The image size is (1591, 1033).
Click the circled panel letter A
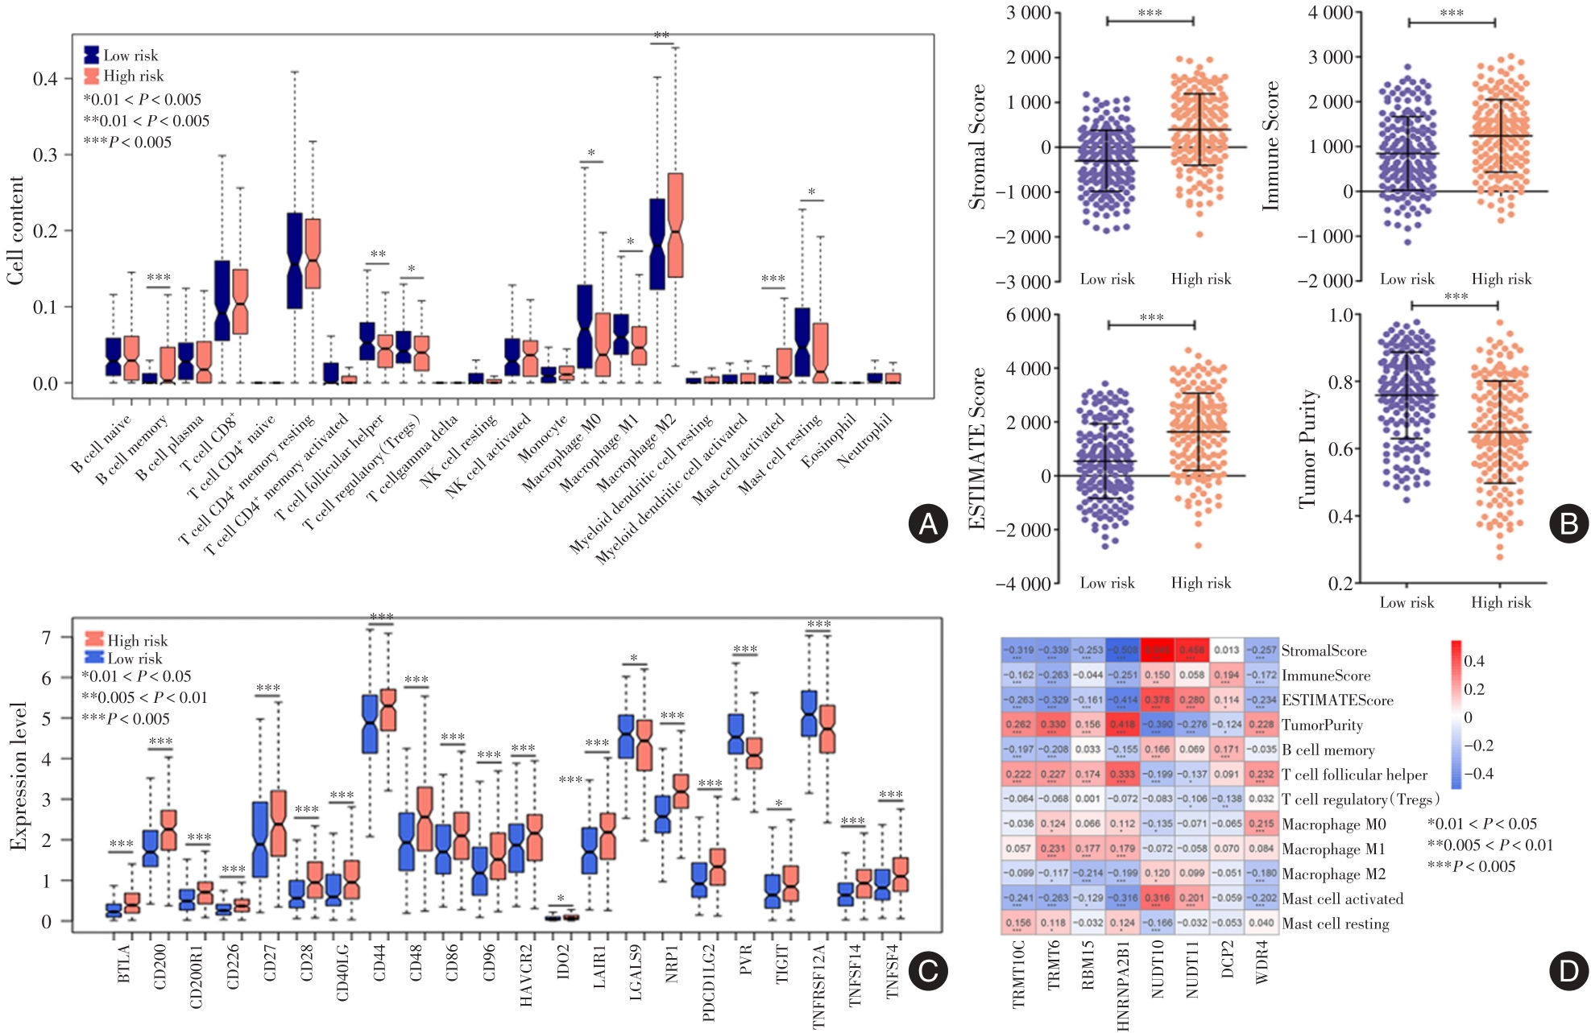point(927,524)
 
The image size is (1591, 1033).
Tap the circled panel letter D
point(1568,971)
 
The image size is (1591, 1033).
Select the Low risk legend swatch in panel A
point(92,55)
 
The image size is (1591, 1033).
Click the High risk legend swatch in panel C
point(94,640)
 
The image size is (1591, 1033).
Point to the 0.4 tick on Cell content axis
point(45,79)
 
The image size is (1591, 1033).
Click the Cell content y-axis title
point(15,230)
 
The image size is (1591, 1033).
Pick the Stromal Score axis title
point(977,147)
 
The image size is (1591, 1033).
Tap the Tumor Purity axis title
point(1307,448)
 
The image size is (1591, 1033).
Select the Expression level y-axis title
point(18,776)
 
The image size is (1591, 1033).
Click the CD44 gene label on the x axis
point(379,963)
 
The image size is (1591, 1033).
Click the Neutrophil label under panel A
point(865,440)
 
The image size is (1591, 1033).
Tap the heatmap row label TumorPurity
point(1322,725)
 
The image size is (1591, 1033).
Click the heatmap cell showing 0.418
point(1122,725)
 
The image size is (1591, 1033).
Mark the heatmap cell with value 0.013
point(1226,651)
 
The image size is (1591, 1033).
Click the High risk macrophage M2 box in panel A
point(676,225)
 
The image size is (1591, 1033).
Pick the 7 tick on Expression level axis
point(46,638)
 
